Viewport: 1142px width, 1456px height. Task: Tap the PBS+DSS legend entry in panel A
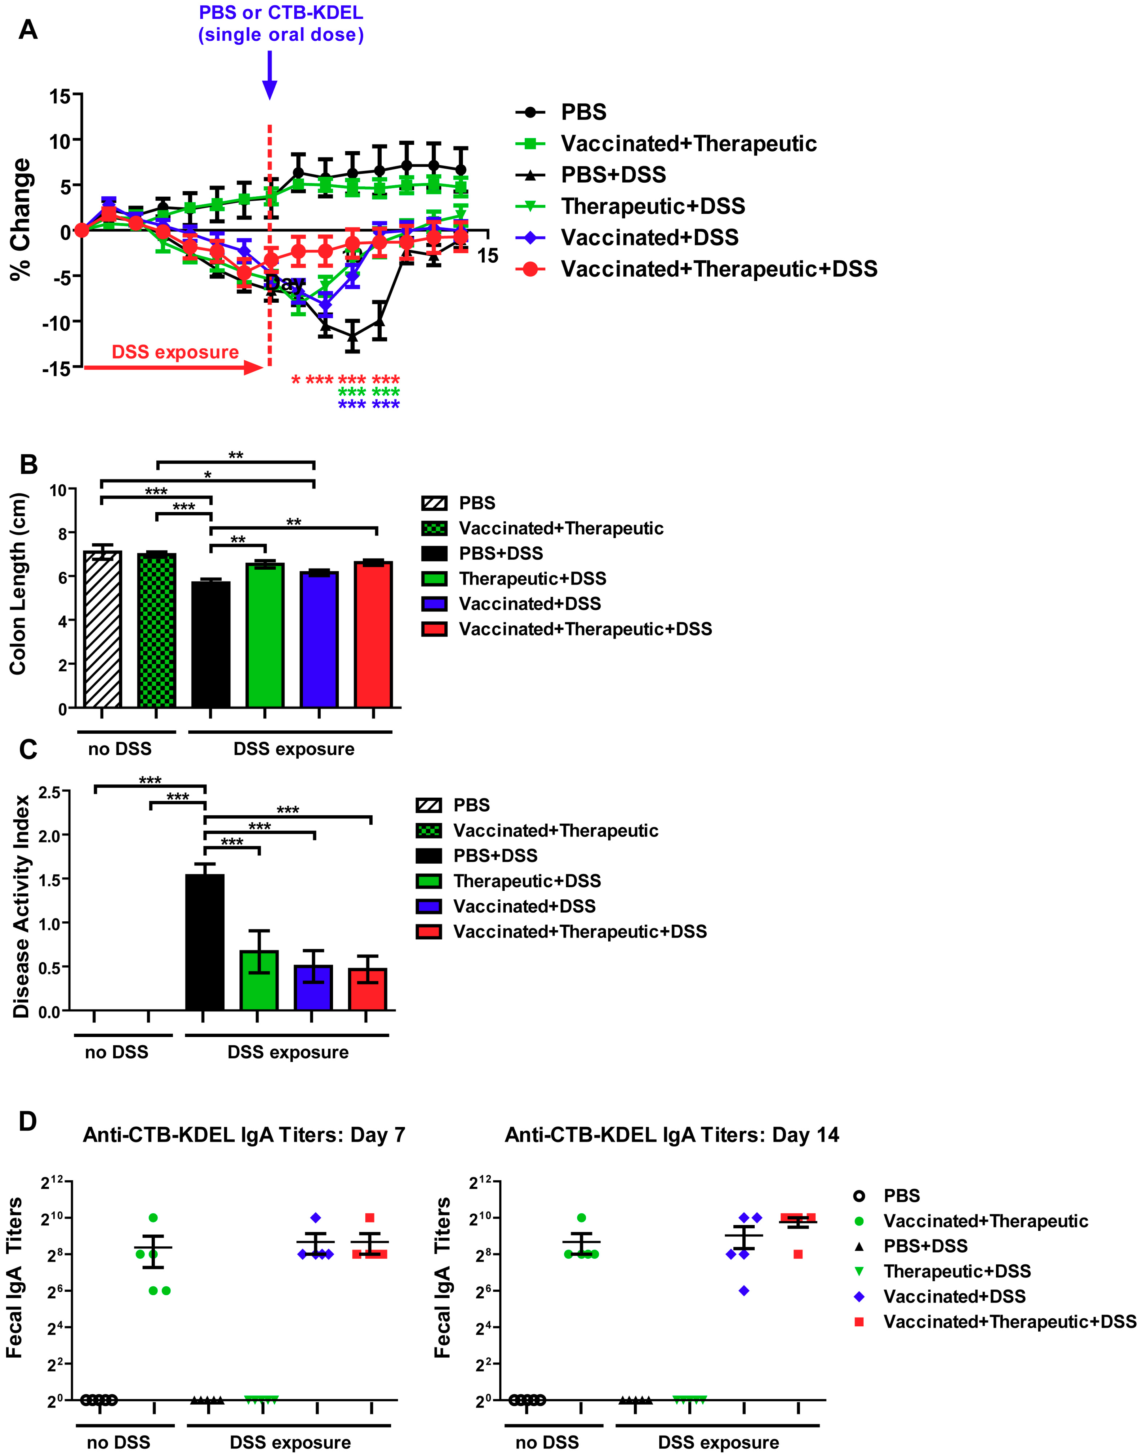[613, 175]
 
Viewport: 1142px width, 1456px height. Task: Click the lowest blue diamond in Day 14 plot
[744, 1291]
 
